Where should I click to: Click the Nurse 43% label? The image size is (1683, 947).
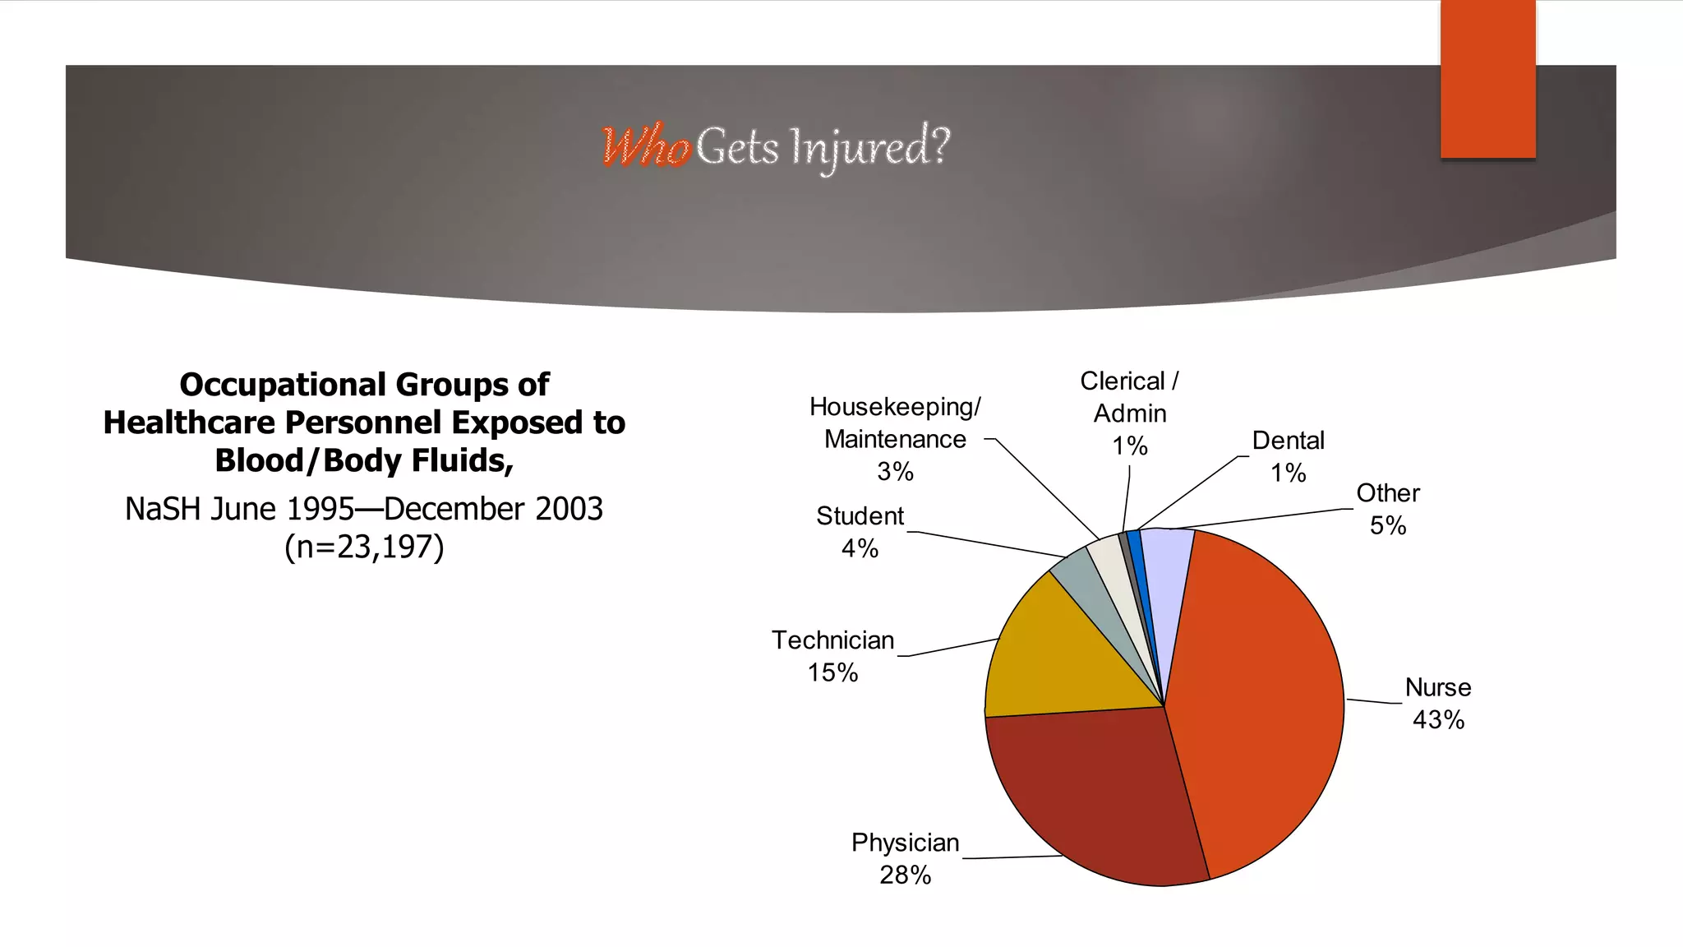click(x=1437, y=704)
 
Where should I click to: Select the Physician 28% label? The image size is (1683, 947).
click(x=905, y=858)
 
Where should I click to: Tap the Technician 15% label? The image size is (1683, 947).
click(x=832, y=656)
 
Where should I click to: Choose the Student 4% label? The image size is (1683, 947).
click(x=860, y=532)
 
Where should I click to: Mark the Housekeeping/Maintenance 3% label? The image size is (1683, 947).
click(x=895, y=439)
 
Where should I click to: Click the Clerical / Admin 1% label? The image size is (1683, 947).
click(x=1129, y=413)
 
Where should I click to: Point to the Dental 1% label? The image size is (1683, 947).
click(x=1288, y=456)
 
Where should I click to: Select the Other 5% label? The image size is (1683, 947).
click(x=1387, y=509)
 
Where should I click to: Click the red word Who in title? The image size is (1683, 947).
click(x=646, y=148)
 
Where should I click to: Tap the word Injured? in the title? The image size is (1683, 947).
click(x=869, y=147)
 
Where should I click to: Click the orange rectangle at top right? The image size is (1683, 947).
click(x=1487, y=78)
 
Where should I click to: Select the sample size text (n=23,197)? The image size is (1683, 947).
click(x=364, y=547)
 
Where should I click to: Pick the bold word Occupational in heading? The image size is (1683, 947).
click(x=283, y=385)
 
